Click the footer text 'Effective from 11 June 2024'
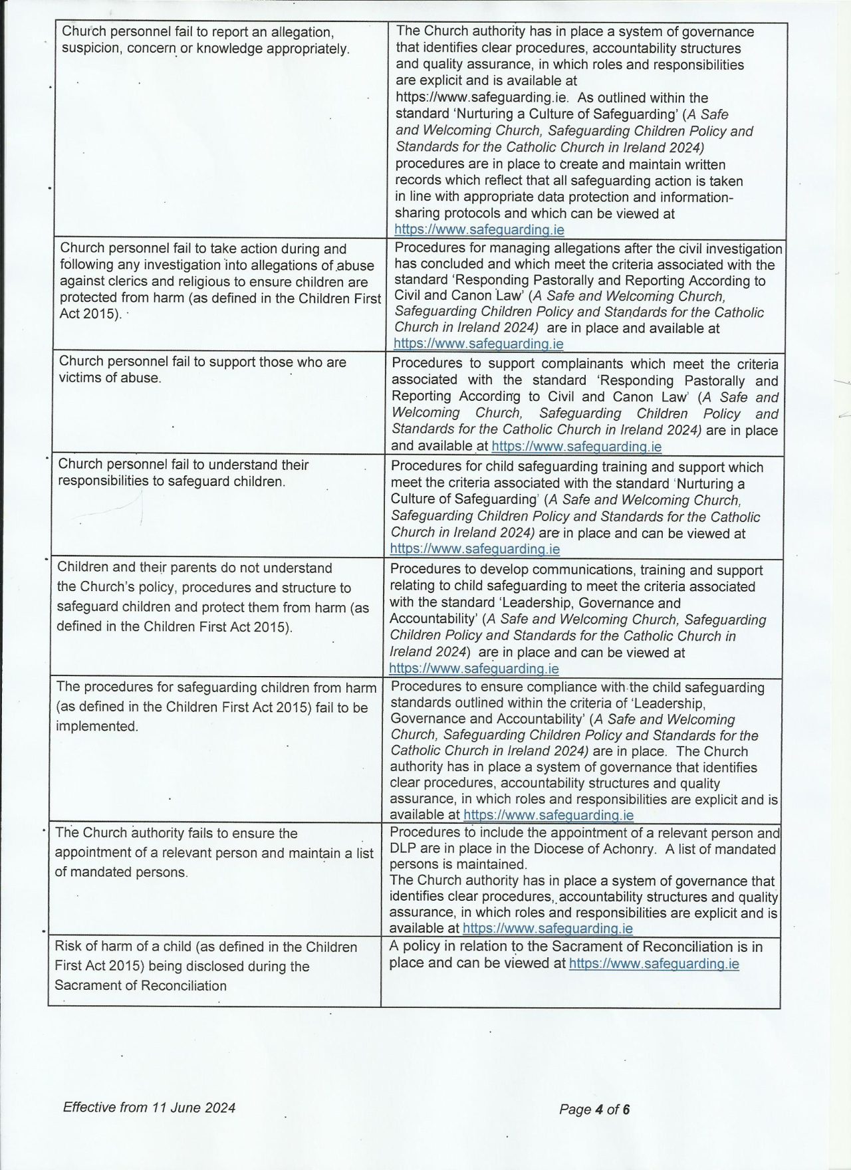pyautogui.click(x=149, y=1108)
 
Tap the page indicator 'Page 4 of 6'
pyautogui.click(x=594, y=1109)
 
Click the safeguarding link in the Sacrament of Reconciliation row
pyautogui.click(x=654, y=963)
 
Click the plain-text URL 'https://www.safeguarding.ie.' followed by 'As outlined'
pyautogui.click(x=483, y=98)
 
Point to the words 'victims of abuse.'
pyautogui.click(x=110, y=378)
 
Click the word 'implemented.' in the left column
pyautogui.click(x=98, y=727)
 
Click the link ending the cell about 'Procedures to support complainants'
pyautogui.click(x=576, y=447)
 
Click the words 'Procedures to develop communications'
pyautogui.click(x=496, y=570)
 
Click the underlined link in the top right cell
pyautogui.click(x=479, y=230)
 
